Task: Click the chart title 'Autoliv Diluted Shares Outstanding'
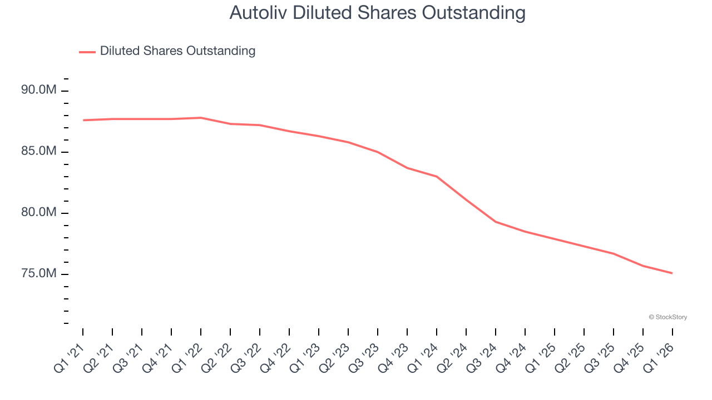point(377,13)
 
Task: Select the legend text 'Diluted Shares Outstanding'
point(177,51)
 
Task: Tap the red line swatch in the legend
point(87,52)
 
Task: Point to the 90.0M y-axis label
point(39,89)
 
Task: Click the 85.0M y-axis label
point(39,151)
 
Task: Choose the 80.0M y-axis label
point(39,212)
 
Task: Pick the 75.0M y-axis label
point(39,273)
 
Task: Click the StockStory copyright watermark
point(667,317)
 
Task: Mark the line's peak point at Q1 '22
point(201,118)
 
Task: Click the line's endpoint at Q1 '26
point(672,273)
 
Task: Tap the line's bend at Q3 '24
point(496,222)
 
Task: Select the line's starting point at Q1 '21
point(83,120)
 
